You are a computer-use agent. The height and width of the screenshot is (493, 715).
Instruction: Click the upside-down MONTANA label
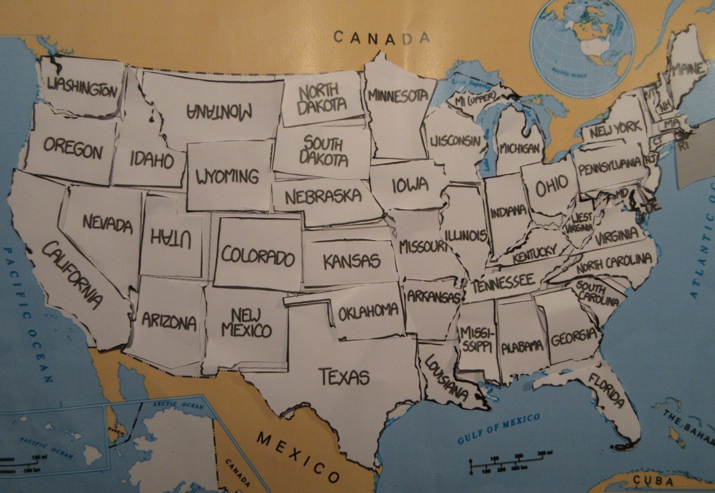220,111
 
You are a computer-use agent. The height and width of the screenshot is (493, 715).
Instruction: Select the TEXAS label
344,376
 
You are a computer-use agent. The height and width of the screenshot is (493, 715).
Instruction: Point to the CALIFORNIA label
71,274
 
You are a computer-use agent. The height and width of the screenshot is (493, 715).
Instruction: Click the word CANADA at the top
381,38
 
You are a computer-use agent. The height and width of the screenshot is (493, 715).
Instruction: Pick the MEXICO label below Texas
298,456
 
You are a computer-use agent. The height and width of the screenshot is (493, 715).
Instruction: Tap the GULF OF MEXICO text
499,428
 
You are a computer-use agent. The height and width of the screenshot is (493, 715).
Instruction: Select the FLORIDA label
606,392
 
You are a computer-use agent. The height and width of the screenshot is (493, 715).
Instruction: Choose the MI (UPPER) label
475,102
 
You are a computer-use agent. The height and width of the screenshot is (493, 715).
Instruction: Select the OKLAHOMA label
368,311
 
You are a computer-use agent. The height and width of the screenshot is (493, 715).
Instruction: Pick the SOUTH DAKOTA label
323,152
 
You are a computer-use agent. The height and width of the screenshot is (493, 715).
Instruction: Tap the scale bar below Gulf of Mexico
506,463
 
